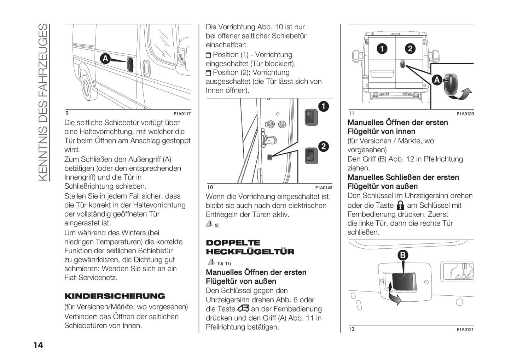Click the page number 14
click(x=38, y=345)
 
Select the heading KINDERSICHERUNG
click(x=115, y=296)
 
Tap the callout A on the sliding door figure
click(x=105, y=58)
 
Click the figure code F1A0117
click(x=182, y=114)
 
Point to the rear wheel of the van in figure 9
click(x=87, y=87)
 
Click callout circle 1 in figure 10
click(x=323, y=106)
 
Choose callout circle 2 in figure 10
click(x=323, y=146)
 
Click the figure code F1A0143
click(x=324, y=188)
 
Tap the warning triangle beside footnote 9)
click(x=209, y=224)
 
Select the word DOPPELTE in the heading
click(x=233, y=243)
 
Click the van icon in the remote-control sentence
click(x=243, y=308)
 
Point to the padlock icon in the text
click(x=400, y=205)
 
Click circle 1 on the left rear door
click(x=382, y=48)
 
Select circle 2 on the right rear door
click(x=410, y=48)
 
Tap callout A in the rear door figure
click(x=437, y=80)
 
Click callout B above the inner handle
click(x=402, y=255)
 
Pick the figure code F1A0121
click(x=465, y=330)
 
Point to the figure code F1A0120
click(x=465, y=114)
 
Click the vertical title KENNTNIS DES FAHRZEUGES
click(x=43, y=102)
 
